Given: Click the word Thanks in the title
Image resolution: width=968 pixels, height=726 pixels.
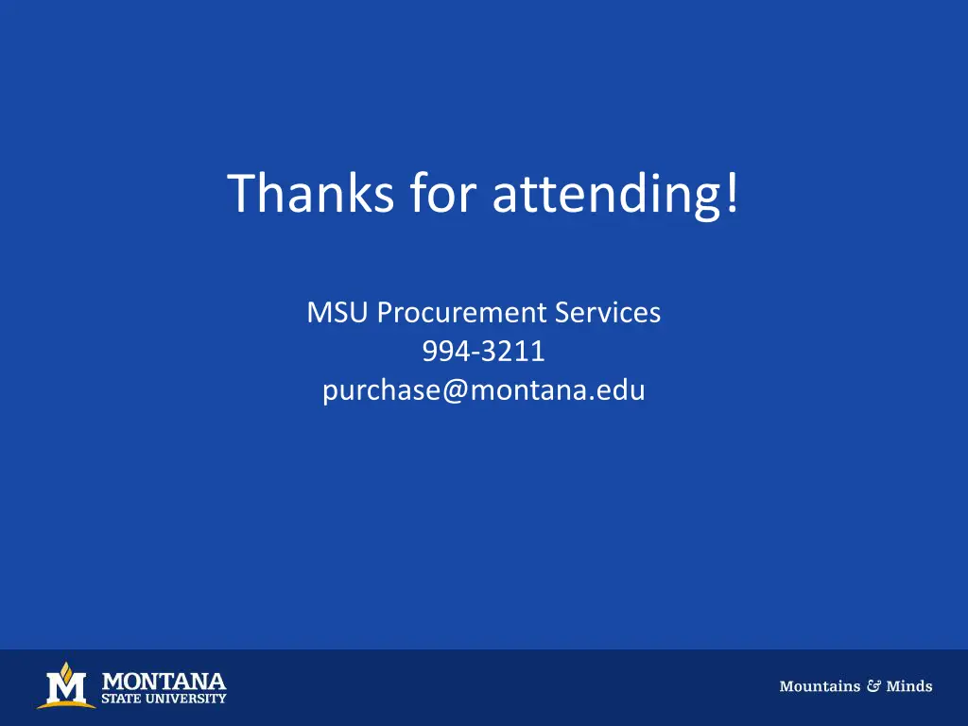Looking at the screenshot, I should pos(311,193).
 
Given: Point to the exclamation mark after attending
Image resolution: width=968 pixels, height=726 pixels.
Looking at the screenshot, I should pos(733,193).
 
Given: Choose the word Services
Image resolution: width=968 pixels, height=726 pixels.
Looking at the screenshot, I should pos(608,313).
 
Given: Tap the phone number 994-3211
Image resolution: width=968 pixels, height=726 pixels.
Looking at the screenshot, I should pos(483,352).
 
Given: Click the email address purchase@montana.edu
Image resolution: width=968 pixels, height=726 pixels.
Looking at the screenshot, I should pos(483,390).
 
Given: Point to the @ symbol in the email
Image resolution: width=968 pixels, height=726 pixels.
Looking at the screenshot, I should pos(453,390).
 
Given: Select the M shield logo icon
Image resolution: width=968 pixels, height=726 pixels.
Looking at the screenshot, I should pos(65,688).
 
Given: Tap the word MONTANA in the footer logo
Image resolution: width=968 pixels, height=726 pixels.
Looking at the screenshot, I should pos(163,681).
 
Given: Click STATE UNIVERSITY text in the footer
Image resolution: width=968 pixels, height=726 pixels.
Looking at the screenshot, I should pos(164,700).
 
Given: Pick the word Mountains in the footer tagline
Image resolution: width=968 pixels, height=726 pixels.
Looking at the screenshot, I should pos(820,687).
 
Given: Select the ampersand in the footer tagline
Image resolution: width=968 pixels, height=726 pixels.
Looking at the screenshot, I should pos(873,687).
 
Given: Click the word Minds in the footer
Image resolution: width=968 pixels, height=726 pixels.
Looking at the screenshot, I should pos(909,687).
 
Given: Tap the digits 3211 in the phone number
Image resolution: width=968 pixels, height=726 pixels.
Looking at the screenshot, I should pos(513,352).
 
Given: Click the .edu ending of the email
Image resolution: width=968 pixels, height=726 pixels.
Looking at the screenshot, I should pos(621,390).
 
